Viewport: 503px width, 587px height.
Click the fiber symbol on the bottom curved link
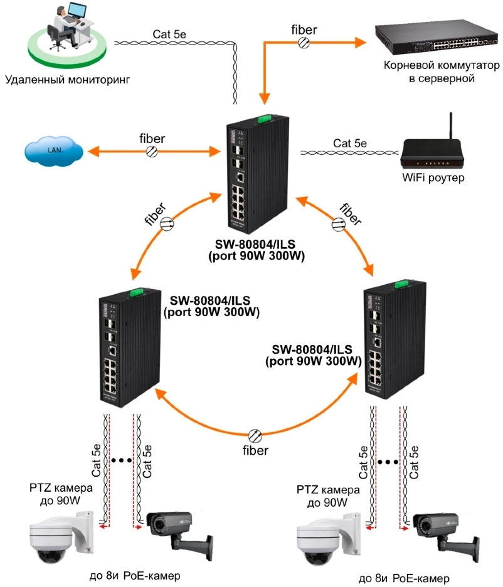[255, 436]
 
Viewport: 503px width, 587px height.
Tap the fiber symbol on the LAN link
[152, 151]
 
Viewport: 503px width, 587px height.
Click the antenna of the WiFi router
[448, 129]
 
